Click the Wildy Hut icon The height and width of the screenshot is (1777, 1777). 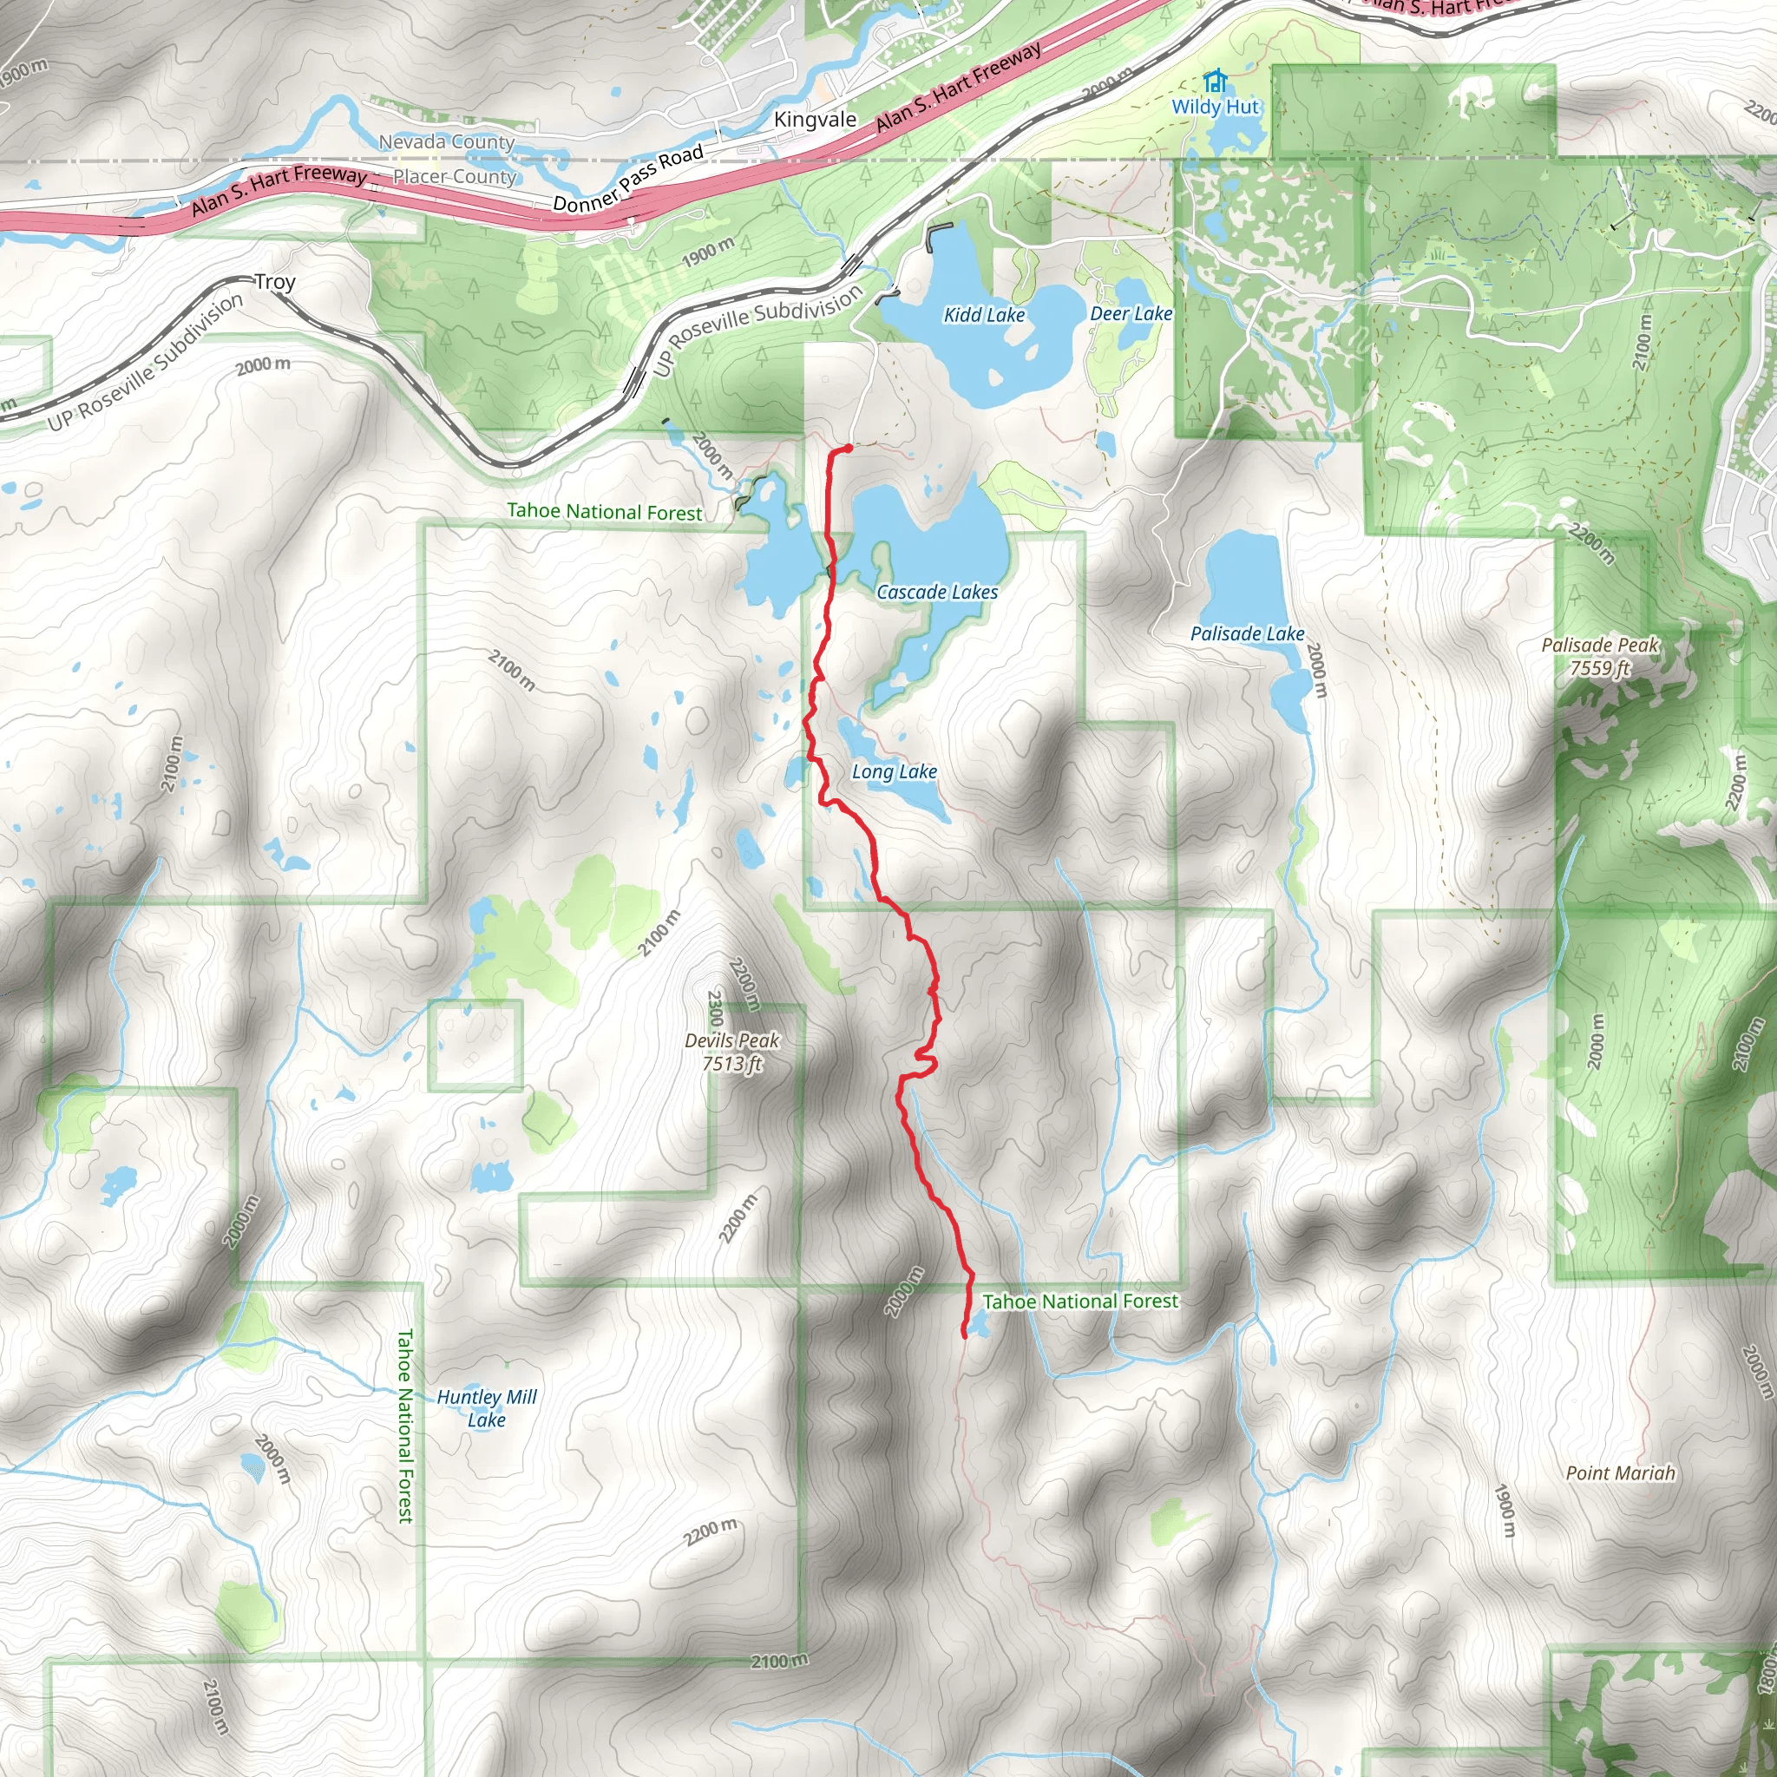[x=1215, y=81]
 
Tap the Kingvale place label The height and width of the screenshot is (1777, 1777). [x=815, y=120]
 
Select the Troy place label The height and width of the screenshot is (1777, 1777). [x=275, y=281]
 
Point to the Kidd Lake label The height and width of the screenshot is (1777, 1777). [x=984, y=315]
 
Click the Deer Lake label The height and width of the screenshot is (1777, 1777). [x=1131, y=313]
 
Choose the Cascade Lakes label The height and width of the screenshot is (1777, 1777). [x=936, y=593]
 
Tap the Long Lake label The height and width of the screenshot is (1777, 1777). [x=894, y=771]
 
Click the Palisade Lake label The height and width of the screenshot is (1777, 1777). [x=1246, y=633]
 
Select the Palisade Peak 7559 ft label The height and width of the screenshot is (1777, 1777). [x=1599, y=657]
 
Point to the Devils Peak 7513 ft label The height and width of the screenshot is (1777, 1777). [x=732, y=1052]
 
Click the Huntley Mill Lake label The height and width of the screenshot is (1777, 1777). [x=487, y=1408]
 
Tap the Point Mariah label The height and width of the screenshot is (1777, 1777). [x=1621, y=1472]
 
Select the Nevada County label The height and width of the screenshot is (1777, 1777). [x=446, y=141]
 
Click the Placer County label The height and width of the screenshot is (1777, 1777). [x=455, y=177]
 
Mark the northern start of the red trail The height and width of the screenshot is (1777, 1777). [x=847, y=447]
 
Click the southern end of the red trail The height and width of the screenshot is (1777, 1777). [x=964, y=1335]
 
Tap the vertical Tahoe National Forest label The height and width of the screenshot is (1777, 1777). [x=405, y=1425]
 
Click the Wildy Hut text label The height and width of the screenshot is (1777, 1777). [x=1215, y=107]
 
